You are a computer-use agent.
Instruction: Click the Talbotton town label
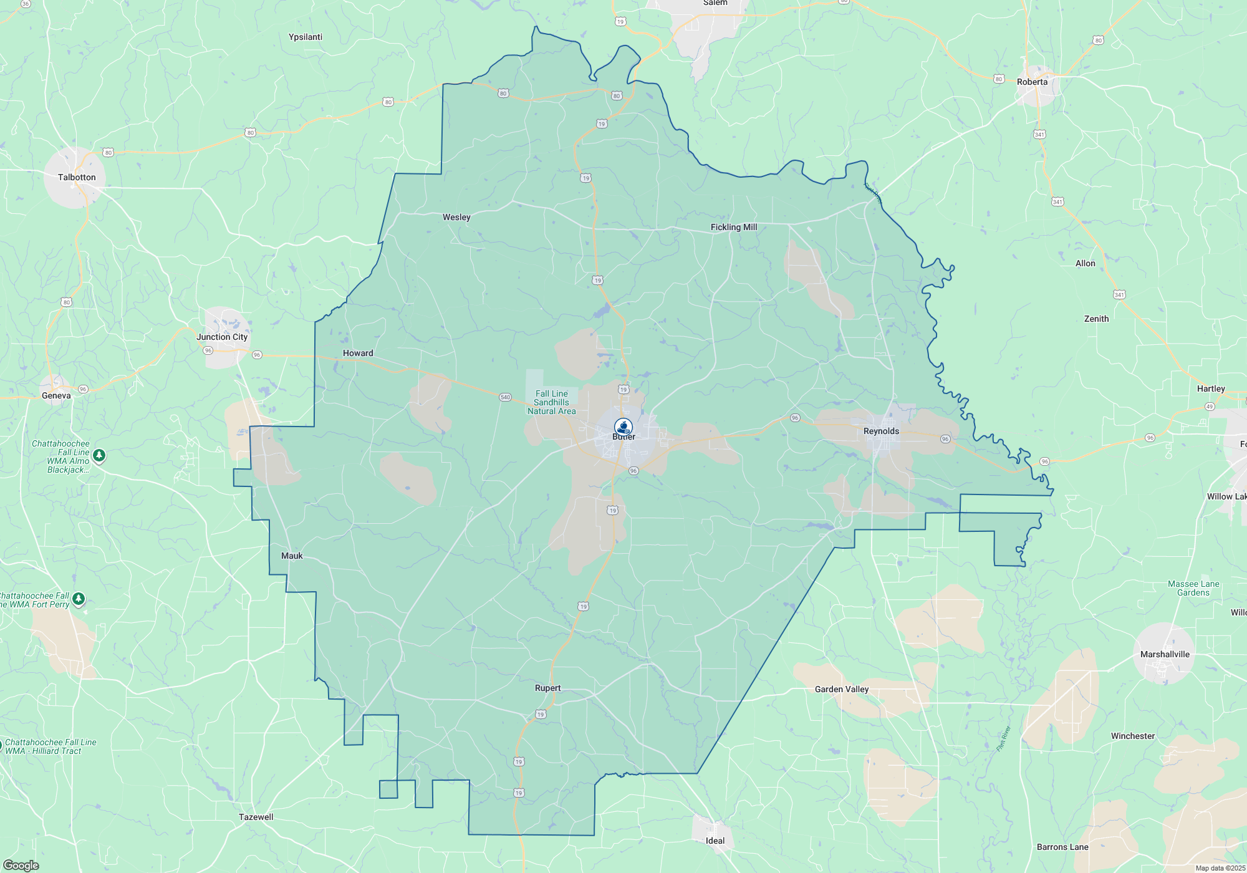[77, 177]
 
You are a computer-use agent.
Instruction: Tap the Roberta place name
[1032, 82]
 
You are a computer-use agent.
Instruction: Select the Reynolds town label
[881, 431]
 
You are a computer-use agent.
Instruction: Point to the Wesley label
[456, 217]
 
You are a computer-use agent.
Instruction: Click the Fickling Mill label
[734, 227]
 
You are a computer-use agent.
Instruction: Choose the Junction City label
[222, 337]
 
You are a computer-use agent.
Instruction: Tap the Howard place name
[358, 353]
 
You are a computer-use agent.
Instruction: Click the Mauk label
[292, 556]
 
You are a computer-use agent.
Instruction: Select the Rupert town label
[547, 688]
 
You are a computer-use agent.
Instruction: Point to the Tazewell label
[256, 817]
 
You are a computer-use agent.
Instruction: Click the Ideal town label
[715, 841]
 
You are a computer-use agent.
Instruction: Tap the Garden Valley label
[842, 689]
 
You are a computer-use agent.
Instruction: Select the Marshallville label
[1165, 654]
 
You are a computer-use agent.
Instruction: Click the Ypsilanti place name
[306, 37]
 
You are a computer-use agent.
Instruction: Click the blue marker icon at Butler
[623, 427]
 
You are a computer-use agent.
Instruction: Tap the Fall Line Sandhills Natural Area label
[552, 402]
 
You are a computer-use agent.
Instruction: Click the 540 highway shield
[505, 397]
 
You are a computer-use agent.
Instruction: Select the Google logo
[21, 866]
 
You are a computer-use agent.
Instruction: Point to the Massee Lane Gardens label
[1193, 588]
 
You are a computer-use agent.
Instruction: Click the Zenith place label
[1096, 319]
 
